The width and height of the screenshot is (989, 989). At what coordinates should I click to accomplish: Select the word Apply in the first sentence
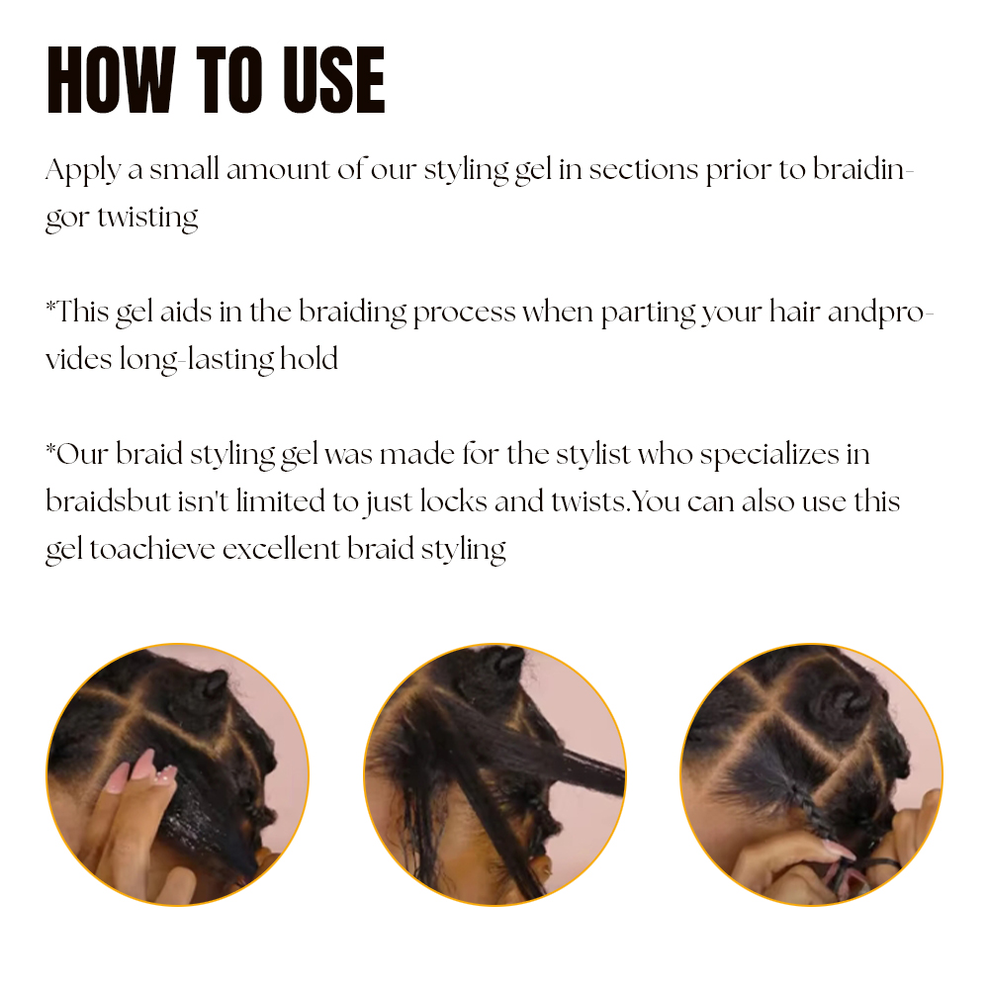point(82,170)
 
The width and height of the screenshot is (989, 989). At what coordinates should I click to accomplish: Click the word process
point(464,313)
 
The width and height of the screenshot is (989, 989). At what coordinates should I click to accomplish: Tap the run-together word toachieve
point(152,548)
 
